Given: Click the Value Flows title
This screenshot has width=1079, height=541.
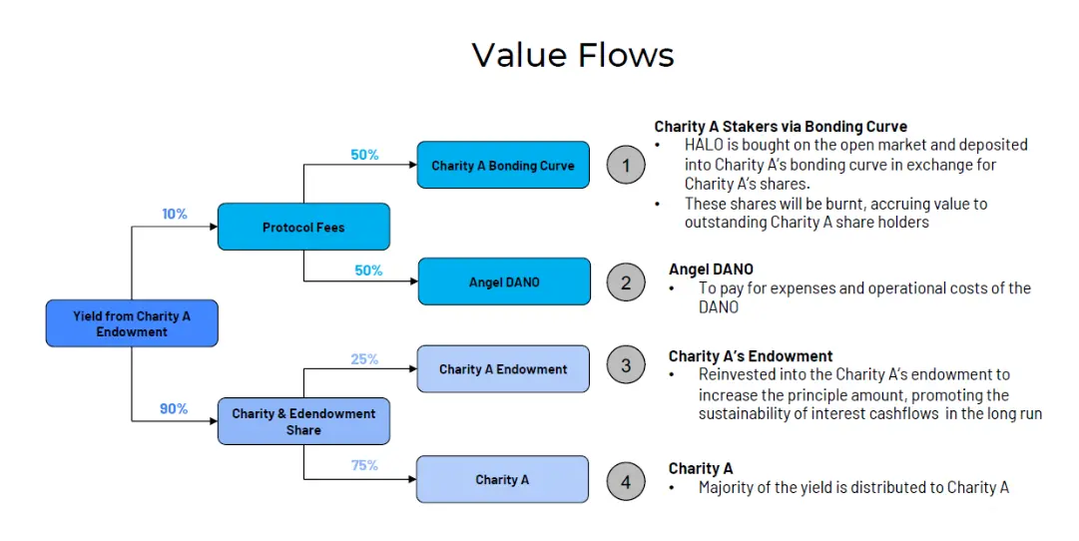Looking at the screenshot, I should (x=573, y=55).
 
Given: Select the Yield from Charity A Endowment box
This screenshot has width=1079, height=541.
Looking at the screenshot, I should (x=132, y=323).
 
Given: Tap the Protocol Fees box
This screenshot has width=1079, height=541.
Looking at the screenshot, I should (x=303, y=227).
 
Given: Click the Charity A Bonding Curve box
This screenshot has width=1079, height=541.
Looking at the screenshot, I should (x=503, y=166).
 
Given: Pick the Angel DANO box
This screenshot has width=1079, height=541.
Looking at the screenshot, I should (x=504, y=282).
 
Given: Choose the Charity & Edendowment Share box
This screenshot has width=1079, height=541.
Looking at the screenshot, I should (x=303, y=421).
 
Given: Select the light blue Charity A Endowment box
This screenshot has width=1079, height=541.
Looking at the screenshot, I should (x=503, y=369).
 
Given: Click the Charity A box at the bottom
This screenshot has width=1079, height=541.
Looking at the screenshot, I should (x=502, y=480).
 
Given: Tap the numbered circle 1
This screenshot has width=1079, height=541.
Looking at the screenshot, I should (x=626, y=166).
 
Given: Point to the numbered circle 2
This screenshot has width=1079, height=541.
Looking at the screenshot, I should (x=626, y=282).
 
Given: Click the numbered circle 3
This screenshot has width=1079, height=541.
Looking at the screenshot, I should (x=626, y=365).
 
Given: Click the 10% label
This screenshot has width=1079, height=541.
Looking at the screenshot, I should (x=175, y=214).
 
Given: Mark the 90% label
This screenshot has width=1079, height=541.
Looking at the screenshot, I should (x=174, y=408).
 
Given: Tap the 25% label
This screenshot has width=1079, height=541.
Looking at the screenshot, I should (x=364, y=358).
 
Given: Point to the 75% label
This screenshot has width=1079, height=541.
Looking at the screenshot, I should (x=364, y=465).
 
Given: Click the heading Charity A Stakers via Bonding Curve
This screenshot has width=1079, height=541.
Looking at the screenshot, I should (x=781, y=127).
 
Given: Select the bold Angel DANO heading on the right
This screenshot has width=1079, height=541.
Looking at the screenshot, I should (x=711, y=270).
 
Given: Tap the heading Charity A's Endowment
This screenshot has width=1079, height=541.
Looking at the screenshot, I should (x=750, y=356).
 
